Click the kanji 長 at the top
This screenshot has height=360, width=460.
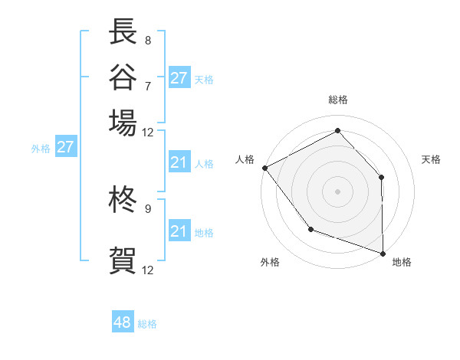tap(123, 33)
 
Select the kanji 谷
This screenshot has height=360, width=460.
tap(123, 77)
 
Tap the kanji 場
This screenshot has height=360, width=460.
tap(123, 123)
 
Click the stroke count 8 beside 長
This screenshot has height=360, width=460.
tap(147, 40)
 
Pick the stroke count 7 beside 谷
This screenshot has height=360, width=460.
tap(147, 85)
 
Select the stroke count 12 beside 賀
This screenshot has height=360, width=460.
tap(147, 270)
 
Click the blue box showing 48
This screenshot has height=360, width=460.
tap(123, 322)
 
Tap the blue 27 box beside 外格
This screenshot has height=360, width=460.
tap(65, 147)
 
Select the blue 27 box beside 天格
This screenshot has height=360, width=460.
tap(179, 78)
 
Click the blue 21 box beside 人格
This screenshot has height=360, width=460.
tap(179, 162)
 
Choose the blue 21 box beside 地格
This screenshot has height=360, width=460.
tap(179, 231)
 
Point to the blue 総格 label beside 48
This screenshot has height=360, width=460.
tap(147, 324)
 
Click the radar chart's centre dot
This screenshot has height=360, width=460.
tap(337, 191)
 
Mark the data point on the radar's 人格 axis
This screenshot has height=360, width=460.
tap(264, 167)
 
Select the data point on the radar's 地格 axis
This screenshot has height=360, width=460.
tap(383, 252)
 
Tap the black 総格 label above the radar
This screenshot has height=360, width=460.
tap(337, 100)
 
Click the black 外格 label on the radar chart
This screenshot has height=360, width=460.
tap(270, 263)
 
